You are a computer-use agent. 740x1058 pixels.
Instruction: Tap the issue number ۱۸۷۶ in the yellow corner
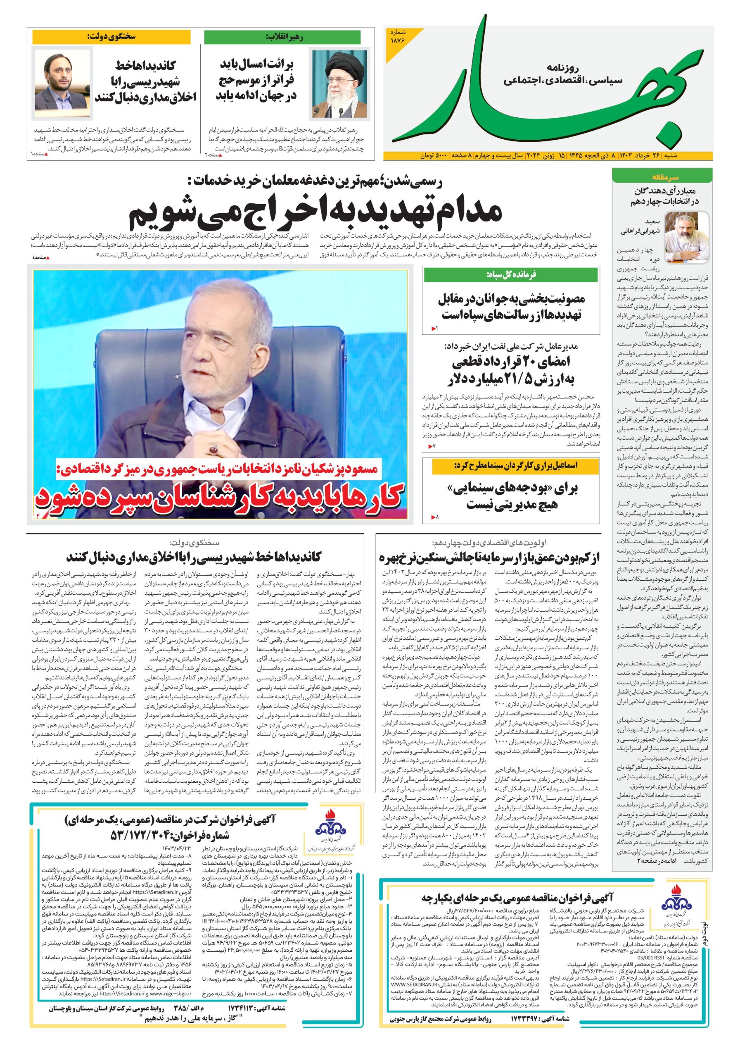tap(399, 36)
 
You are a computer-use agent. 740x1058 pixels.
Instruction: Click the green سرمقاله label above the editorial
tap(662, 177)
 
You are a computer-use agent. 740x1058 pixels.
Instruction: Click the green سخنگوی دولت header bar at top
tap(111, 37)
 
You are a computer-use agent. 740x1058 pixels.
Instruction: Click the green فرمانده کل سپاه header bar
tap(511, 275)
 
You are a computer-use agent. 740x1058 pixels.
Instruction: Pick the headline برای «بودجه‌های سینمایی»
tap(511, 496)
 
